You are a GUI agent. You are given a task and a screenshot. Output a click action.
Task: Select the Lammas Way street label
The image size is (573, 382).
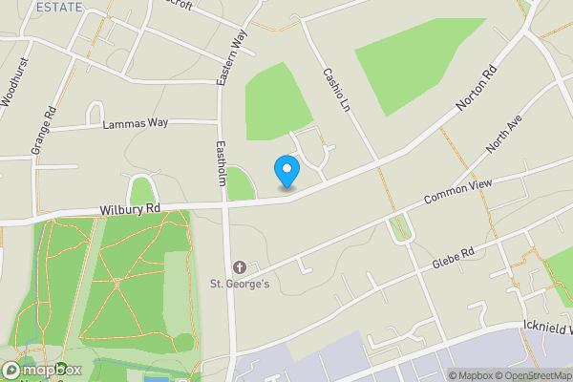click(x=135, y=123)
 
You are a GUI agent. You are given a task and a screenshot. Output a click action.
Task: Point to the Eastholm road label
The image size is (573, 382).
click(x=221, y=162)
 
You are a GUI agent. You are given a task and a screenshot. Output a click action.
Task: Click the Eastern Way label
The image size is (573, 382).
click(x=231, y=58)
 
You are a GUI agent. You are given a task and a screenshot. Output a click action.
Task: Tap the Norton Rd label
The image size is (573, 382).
click(x=477, y=87)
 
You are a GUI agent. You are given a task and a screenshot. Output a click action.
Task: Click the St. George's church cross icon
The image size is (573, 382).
click(x=239, y=266)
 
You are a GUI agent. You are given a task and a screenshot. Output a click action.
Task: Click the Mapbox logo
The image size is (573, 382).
click(x=42, y=370)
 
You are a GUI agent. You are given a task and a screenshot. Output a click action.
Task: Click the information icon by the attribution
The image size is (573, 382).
click(x=438, y=374)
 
